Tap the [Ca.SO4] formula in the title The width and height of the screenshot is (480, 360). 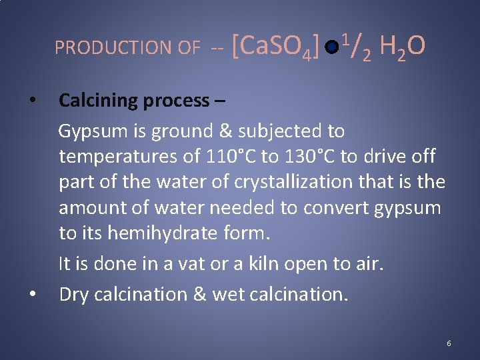tap(275, 47)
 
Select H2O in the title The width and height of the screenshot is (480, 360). tap(402, 46)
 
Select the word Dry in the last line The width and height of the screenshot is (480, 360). tap(74, 294)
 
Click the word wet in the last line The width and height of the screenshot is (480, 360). tap(228, 294)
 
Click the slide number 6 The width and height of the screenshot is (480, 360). tap(449, 343)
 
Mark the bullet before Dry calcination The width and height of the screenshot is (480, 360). tap(32, 295)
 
